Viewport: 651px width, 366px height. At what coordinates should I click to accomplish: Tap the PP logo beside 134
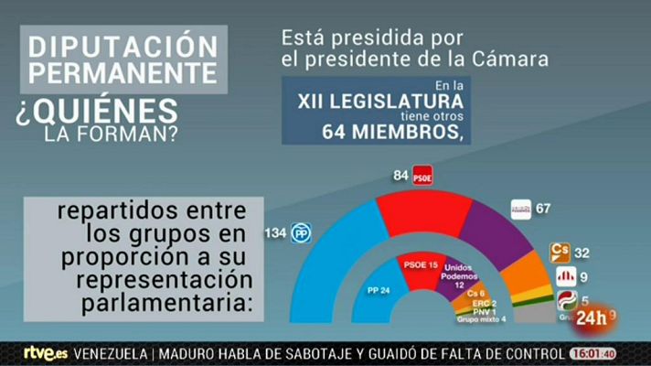(x=301, y=234)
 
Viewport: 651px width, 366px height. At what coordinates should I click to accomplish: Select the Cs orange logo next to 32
(x=558, y=251)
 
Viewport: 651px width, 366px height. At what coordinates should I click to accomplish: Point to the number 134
(x=275, y=233)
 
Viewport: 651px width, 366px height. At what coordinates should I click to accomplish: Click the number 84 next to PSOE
(x=400, y=172)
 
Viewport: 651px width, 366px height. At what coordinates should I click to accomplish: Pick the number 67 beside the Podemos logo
(x=543, y=208)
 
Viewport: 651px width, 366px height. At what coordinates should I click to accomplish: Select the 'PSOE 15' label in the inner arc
(x=422, y=264)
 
